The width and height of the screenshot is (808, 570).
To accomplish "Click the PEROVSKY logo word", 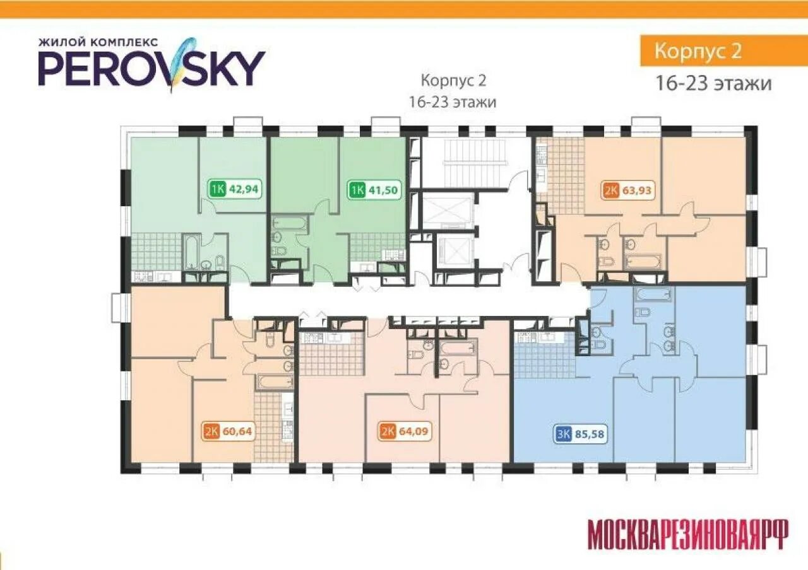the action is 152,69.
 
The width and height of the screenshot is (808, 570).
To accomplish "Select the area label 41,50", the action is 385,190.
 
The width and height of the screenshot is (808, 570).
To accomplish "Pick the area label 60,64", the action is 237,431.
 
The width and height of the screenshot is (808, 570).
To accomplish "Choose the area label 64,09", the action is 413,431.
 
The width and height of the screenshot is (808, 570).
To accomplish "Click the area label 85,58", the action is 590,434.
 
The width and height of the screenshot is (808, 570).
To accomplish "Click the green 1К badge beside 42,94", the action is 218,189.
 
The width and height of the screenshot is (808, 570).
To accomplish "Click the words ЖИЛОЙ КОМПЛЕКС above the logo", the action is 98,42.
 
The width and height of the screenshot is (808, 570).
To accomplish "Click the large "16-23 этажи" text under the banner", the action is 713,84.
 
